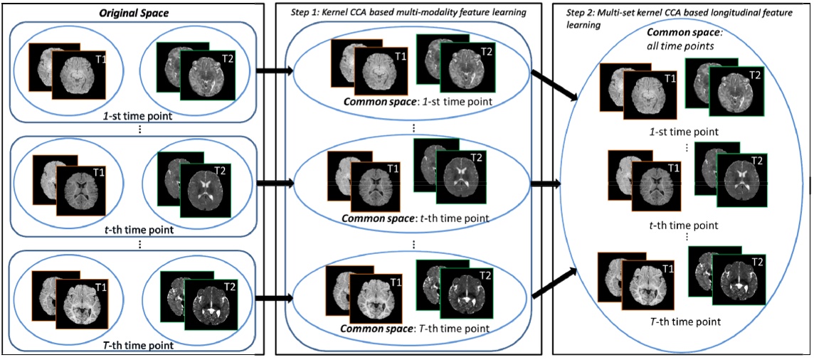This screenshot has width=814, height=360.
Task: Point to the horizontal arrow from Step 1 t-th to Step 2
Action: pyautogui.click(x=545, y=183)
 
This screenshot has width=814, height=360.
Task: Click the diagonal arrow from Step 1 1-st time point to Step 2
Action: pyautogui.click(x=553, y=85)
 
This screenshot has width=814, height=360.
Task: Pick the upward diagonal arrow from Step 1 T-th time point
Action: pyautogui.click(x=554, y=283)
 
